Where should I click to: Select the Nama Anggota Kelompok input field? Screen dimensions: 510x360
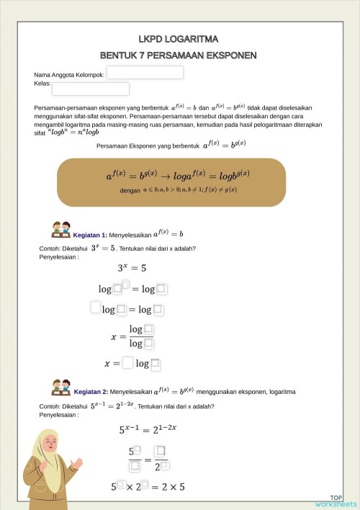tap(145, 73)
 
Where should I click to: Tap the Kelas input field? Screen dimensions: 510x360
tap(90, 89)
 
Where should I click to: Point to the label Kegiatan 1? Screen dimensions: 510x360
tap(90, 235)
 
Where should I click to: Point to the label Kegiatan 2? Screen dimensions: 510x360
tap(91, 391)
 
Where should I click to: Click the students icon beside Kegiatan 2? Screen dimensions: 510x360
tap(60, 387)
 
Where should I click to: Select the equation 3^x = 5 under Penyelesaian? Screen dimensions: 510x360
tap(132, 268)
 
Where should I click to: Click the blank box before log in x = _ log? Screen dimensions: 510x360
tap(127, 362)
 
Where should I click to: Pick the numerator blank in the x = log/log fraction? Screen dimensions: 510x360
tap(149, 329)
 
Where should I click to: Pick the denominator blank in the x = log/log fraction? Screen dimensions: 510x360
tap(149, 343)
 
